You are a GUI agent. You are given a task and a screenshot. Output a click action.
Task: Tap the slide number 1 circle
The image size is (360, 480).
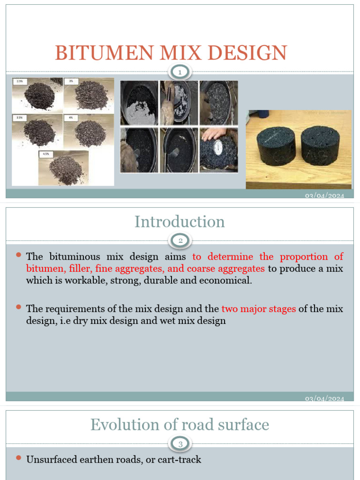pos(180,72)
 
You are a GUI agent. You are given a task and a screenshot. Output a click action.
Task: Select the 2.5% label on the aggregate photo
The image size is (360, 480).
pos(20,81)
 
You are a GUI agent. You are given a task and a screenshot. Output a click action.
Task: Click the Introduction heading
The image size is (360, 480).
pos(180,222)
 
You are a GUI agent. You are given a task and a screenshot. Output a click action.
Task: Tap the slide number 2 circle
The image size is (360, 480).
pos(180,241)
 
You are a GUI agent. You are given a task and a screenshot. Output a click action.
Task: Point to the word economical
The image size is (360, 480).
pos(227,281)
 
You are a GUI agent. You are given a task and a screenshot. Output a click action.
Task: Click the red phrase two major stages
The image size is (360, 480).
pos(258,309)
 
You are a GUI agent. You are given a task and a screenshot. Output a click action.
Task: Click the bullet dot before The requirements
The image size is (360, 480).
pos(19,307)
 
